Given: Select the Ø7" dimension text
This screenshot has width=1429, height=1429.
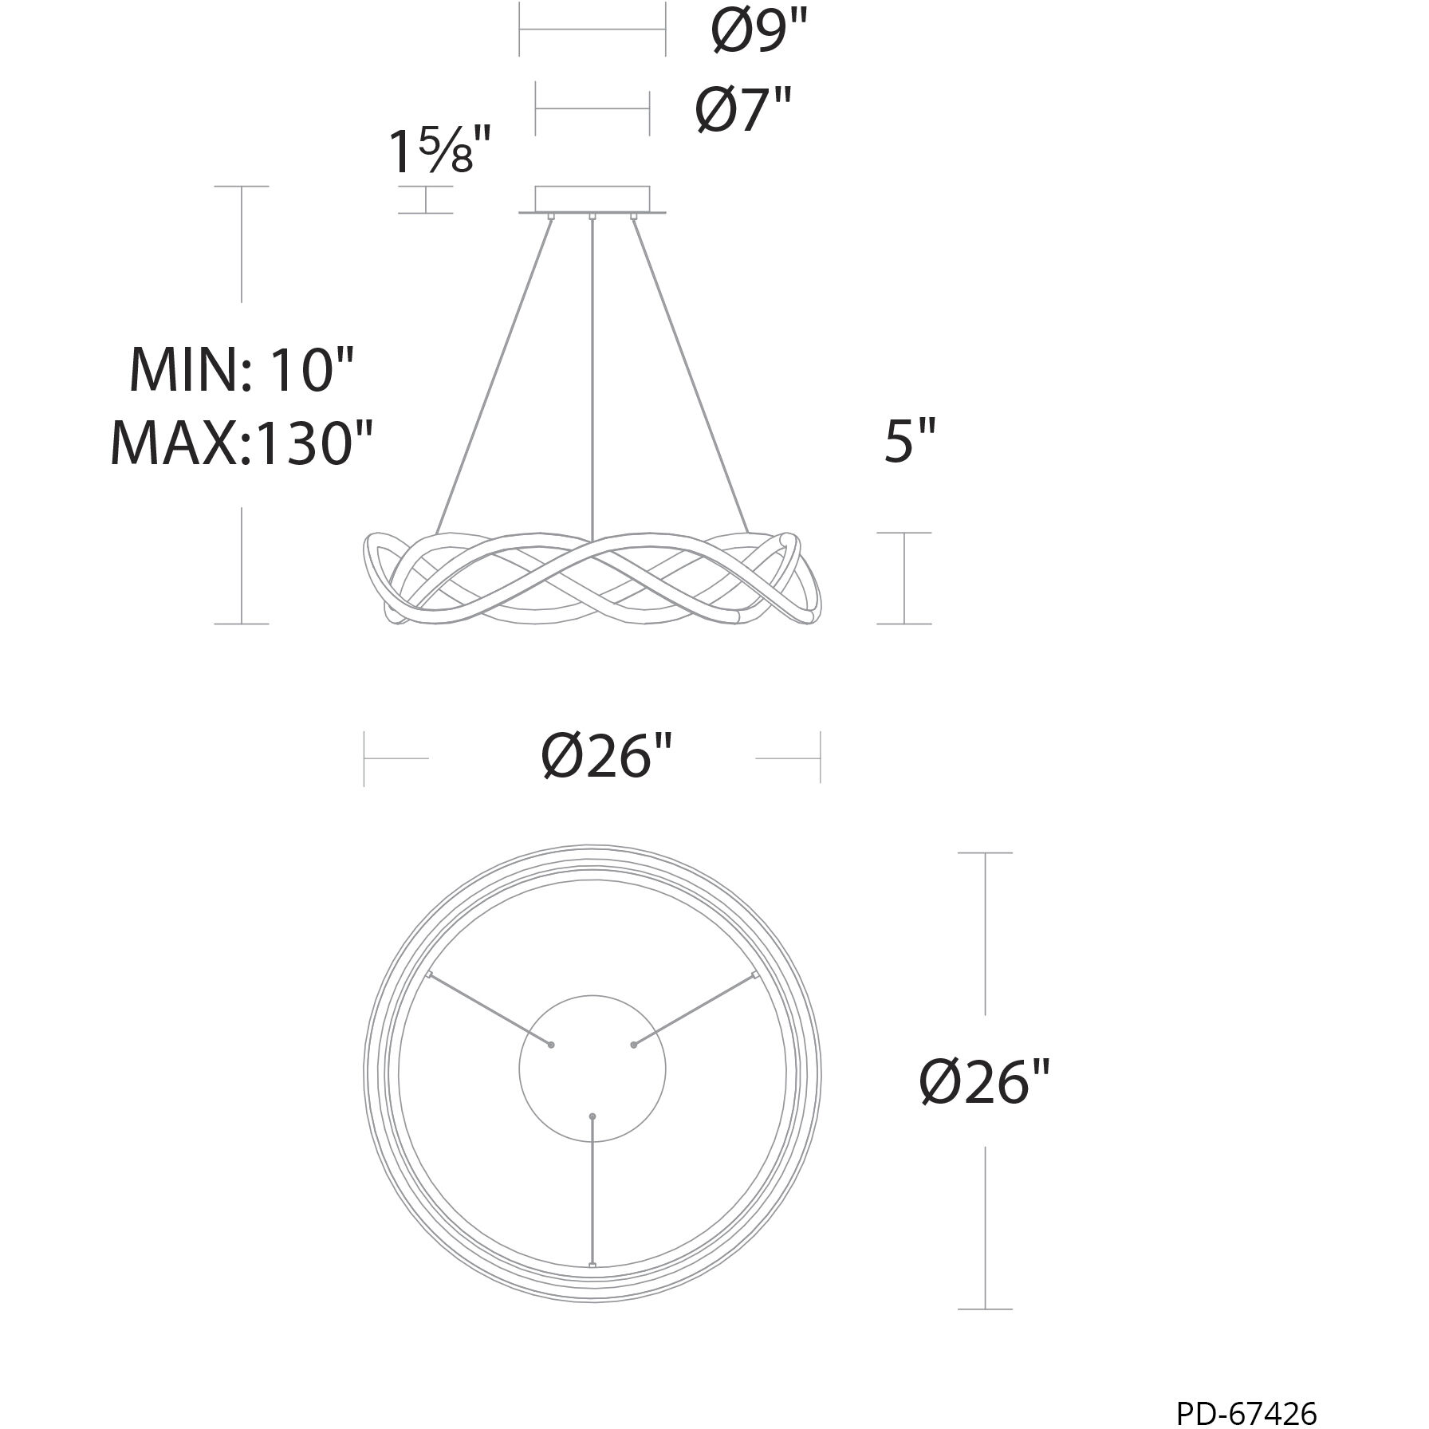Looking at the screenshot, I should pos(743,109).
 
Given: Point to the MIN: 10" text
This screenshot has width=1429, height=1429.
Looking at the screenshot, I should pos(241,370).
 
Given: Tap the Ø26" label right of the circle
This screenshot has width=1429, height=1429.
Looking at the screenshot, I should pos(986,1082).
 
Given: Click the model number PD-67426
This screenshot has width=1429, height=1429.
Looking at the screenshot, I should pos(1246,1412).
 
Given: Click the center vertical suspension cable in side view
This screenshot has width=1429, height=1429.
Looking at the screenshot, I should pos(592,375).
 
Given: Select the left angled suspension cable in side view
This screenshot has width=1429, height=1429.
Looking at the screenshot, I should pos(494,375).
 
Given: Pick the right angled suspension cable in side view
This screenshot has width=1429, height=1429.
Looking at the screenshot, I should pos(691,375).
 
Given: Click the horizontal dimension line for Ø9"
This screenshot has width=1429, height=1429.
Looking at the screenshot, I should pos(592,30).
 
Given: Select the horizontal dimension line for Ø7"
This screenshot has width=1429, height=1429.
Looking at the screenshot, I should pos(592,108).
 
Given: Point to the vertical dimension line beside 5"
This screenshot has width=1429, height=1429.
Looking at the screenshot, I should pos(904,578).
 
